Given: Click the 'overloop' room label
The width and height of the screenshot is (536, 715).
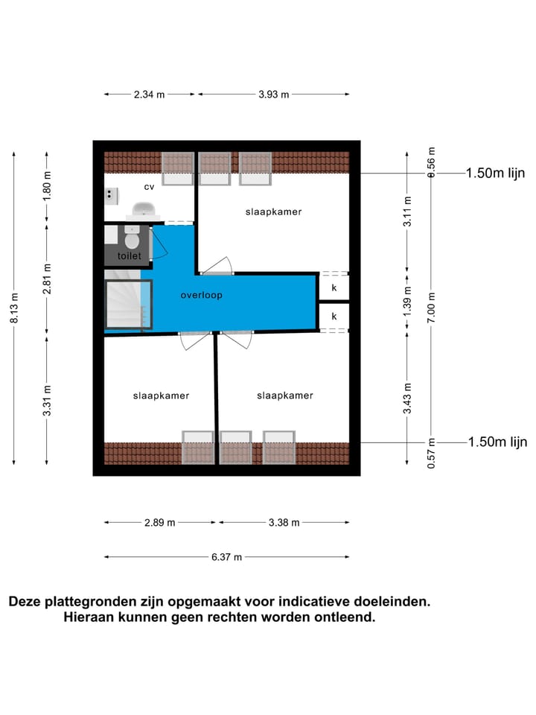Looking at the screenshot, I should click(201, 296).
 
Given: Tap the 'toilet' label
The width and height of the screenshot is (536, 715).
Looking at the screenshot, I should click(129, 256).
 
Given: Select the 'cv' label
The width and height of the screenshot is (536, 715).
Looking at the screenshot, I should click(149, 187).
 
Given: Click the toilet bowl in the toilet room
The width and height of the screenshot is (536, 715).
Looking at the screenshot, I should click(132, 240).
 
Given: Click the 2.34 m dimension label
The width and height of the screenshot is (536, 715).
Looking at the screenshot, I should click(150, 95).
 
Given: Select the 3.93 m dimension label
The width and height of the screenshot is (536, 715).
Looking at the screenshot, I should click(273, 95).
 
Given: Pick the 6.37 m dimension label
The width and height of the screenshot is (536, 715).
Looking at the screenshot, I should click(227, 557).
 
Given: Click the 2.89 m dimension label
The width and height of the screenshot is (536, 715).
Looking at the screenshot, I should click(159, 523).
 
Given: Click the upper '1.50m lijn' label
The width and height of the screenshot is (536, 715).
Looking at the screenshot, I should click(495, 174).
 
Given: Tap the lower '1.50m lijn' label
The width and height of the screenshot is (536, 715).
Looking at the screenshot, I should click(497, 442).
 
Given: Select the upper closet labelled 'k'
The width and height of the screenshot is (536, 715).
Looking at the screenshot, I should click(334, 287).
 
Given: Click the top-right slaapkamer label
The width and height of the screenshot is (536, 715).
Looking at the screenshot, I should click(273, 212).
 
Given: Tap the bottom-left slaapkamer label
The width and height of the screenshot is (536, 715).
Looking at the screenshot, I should click(161, 395).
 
